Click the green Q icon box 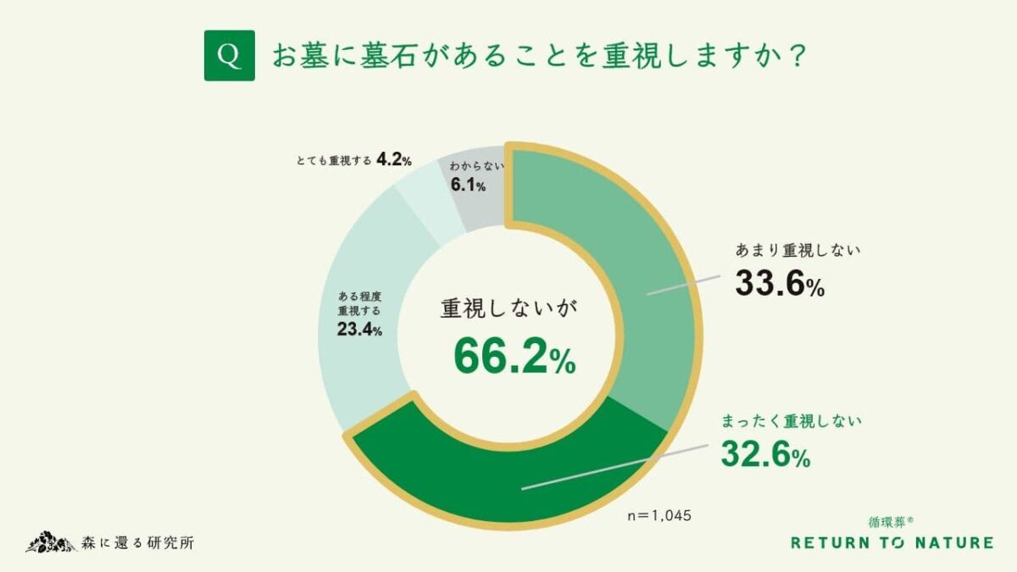229,56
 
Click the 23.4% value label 359,330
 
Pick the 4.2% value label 394,158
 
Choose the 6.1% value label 468,186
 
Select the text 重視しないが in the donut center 508,308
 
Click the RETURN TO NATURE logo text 892,543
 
